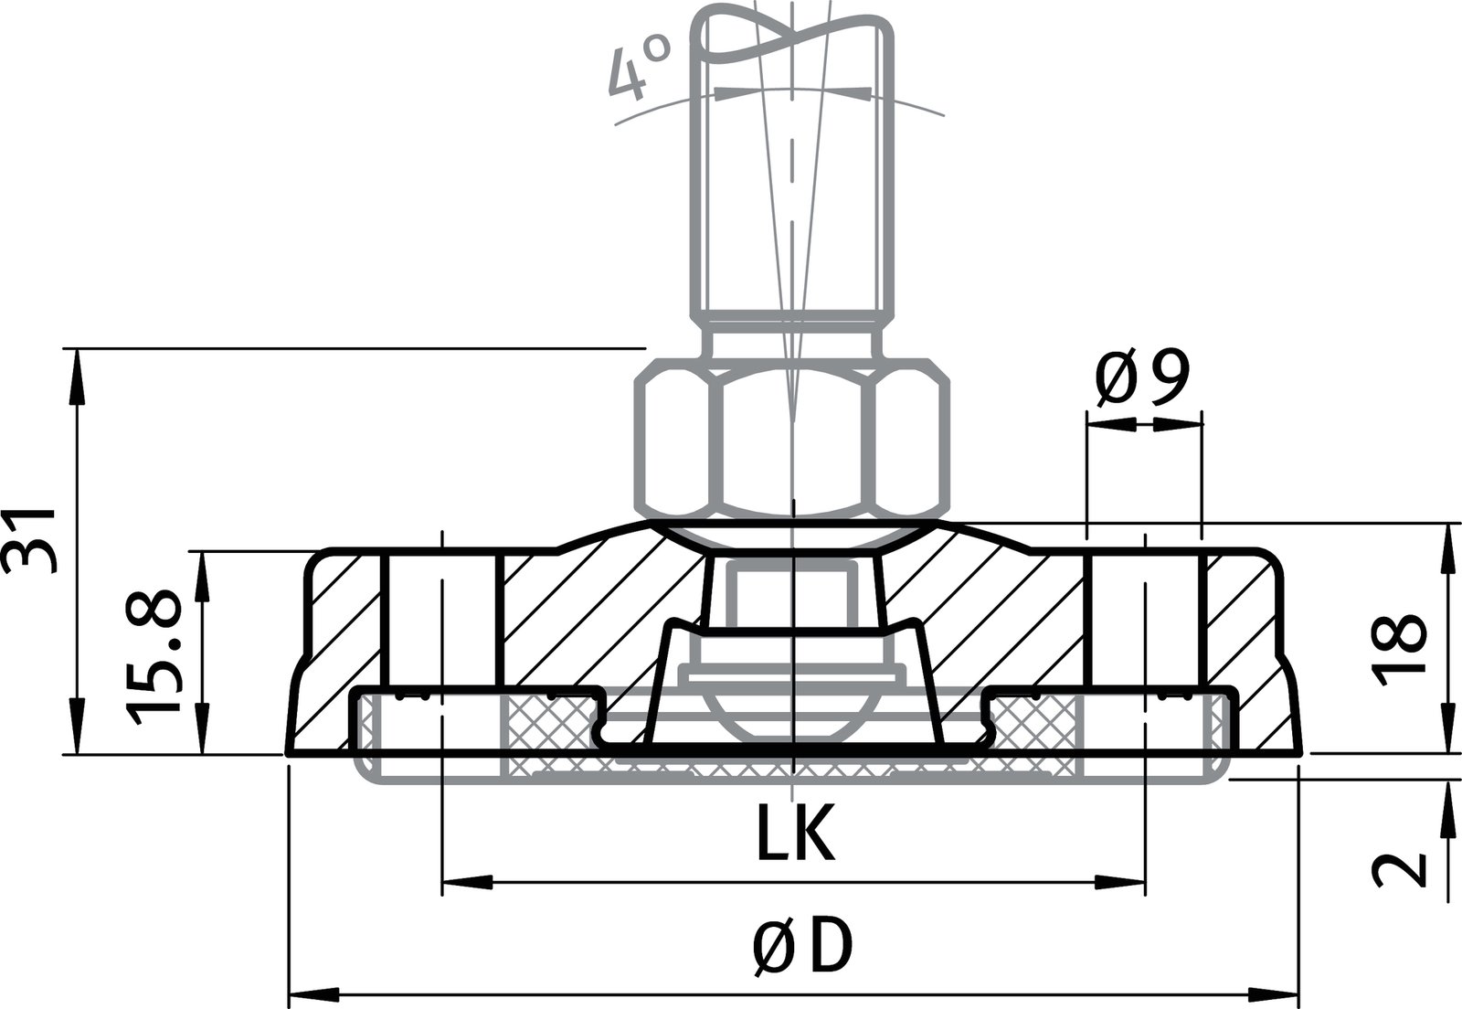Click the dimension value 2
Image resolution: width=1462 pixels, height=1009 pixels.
click(1398, 868)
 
